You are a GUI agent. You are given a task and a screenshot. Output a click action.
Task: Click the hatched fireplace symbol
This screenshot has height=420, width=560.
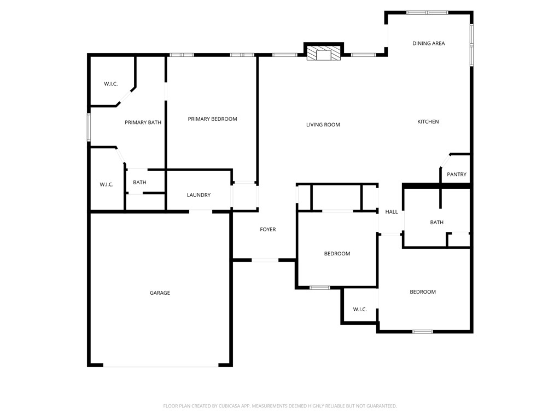(x=323, y=53)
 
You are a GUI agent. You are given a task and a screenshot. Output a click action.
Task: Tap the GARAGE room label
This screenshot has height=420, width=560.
(x=160, y=293)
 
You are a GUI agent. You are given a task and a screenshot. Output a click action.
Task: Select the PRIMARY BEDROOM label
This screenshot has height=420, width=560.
(x=212, y=119)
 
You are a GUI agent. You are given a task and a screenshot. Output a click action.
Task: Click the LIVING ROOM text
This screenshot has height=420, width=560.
(x=323, y=125)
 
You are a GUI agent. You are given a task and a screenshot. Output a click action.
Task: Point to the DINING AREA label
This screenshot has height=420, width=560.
(x=428, y=43)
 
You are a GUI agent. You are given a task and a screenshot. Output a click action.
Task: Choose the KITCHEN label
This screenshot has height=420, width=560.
(x=428, y=121)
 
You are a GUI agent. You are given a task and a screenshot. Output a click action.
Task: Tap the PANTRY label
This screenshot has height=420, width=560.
(x=457, y=174)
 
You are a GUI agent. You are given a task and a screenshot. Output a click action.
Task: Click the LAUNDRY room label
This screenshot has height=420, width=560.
(x=199, y=195)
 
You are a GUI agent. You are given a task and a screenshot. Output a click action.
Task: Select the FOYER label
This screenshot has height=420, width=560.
(x=267, y=230)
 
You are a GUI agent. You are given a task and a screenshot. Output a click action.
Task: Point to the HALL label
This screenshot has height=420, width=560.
(x=392, y=212)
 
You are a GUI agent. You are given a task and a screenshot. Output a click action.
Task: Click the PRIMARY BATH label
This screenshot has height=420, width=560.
(x=143, y=122)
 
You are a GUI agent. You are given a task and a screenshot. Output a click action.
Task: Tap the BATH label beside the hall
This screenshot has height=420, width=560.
(x=436, y=223)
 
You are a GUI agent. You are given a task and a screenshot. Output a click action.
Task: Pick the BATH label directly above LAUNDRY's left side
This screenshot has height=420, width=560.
(x=139, y=183)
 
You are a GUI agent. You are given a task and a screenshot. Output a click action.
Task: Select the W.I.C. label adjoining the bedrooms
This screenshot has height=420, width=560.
(x=359, y=310)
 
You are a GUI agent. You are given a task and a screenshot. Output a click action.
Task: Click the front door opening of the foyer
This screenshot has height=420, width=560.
(x=265, y=260)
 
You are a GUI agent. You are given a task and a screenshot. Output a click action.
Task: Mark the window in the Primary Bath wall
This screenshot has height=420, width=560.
(x=89, y=127)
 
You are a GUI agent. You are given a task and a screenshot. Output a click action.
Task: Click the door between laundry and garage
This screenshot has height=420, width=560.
(x=201, y=211)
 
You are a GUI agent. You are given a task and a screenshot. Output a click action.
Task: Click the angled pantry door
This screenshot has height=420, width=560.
(x=444, y=160)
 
